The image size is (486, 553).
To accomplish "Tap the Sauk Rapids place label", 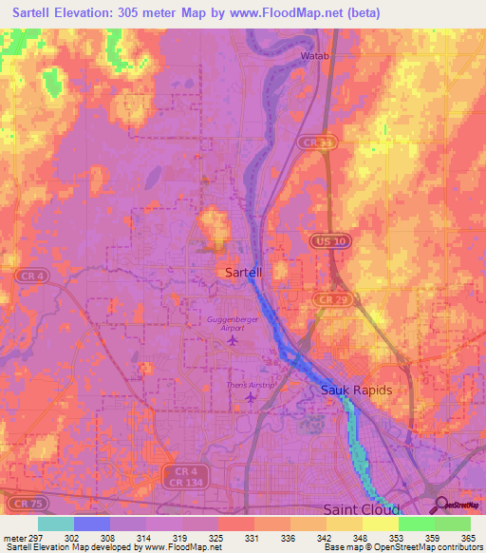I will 356,391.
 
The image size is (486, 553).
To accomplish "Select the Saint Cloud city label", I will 359,509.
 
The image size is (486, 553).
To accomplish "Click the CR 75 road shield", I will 25,501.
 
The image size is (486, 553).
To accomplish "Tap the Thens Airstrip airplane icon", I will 250,397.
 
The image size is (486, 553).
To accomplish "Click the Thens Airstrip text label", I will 251,384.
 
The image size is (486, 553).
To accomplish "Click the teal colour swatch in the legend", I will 56,524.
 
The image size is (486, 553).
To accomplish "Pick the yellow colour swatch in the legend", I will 381,524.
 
